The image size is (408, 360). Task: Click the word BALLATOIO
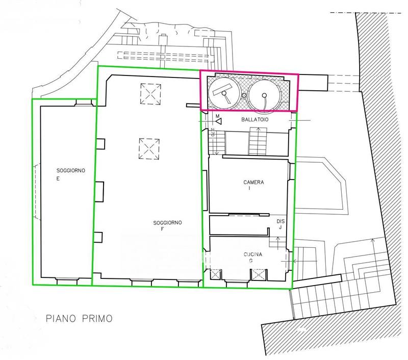click(254, 120)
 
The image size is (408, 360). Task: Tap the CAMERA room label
click(253, 183)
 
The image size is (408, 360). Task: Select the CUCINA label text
click(253, 254)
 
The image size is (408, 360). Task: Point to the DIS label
click(280, 221)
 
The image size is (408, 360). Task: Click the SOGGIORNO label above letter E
click(71, 171)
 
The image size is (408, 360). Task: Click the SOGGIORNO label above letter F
click(168, 223)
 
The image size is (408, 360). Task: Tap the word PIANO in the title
click(61, 318)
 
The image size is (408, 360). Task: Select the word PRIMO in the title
click(97, 318)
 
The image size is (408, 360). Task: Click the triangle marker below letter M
click(219, 121)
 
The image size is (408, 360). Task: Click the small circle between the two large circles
click(244, 95)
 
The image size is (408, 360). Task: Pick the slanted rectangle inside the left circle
click(222, 89)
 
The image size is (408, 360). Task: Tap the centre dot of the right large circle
click(264, 95)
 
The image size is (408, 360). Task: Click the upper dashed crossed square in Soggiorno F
click(150, 94)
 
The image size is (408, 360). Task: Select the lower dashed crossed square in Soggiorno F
click(149, 149)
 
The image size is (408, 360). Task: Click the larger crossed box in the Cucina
click(258, 275)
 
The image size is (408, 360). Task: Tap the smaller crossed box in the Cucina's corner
click(215, 274)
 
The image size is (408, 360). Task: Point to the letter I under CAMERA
click(249, 188)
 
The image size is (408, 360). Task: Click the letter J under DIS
click(280, 227)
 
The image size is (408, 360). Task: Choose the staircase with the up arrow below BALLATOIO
click(258, 141)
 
